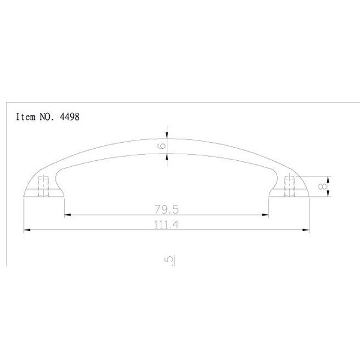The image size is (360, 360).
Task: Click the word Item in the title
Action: click(25, 117)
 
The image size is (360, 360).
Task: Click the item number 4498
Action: click(70, 117)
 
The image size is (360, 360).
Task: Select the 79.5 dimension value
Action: click(166, 209)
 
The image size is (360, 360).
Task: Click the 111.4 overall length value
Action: click(166, 224)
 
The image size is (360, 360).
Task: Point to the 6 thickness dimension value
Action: click(163, 146)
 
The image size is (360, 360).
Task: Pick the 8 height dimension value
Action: click(322, 186)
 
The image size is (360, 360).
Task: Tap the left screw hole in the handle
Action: click(43, 187)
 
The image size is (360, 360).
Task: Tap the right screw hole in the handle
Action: click(289, 187)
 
